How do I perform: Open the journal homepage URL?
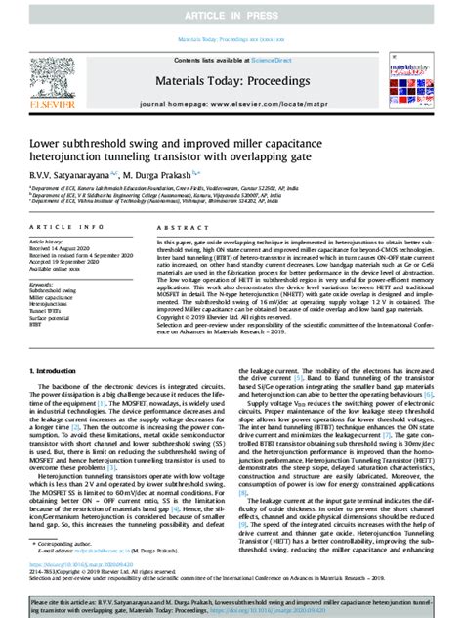266,102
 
